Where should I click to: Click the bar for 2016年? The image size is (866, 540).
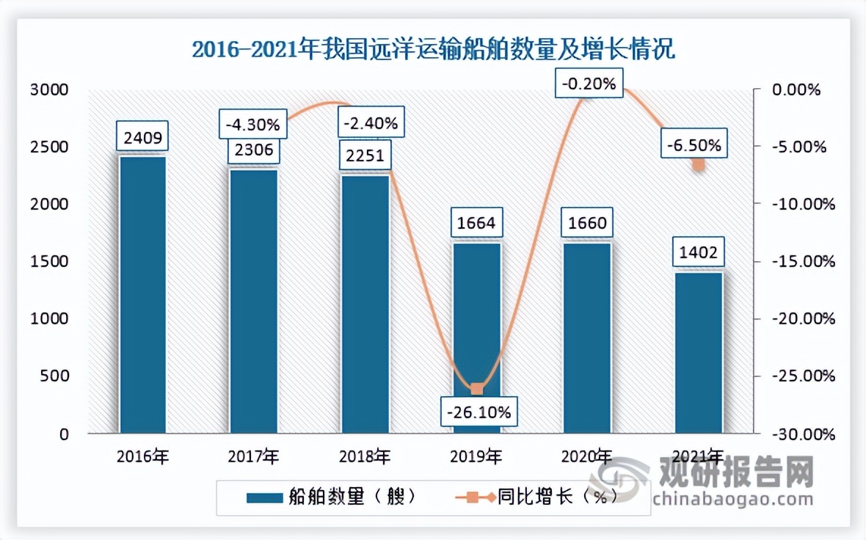(143, 293)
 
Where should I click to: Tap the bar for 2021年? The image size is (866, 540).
(699, 352)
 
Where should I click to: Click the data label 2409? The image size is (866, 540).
(143, 136)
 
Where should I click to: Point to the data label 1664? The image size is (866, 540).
(476, 222)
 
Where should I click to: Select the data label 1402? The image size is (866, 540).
(699, 253)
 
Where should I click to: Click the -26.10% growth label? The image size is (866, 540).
(476, 412)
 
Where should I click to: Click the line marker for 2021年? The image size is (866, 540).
(699, 164)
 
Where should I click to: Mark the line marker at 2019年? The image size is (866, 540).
(476, 389)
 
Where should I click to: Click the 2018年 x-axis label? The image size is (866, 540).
(365, 456)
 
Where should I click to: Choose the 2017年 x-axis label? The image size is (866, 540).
(254, 456)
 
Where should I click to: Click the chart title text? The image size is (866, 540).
(433, 50)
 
